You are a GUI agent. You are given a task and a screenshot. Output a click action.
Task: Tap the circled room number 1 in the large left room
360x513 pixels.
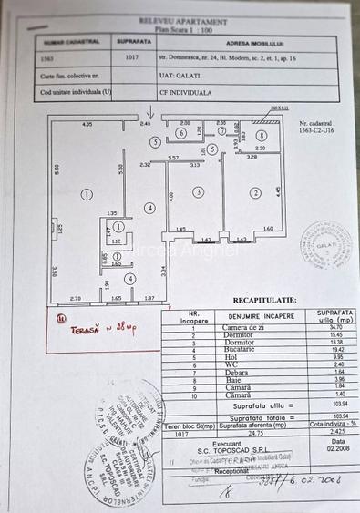(86, 193)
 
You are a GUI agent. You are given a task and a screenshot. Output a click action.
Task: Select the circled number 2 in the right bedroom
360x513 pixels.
(256, 192)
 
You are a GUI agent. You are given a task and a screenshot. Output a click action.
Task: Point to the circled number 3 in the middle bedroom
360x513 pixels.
(197, 192)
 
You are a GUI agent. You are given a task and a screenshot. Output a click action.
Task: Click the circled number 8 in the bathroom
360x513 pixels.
(260, 136)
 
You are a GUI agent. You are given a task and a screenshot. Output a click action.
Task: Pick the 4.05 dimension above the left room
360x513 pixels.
(87, 123)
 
